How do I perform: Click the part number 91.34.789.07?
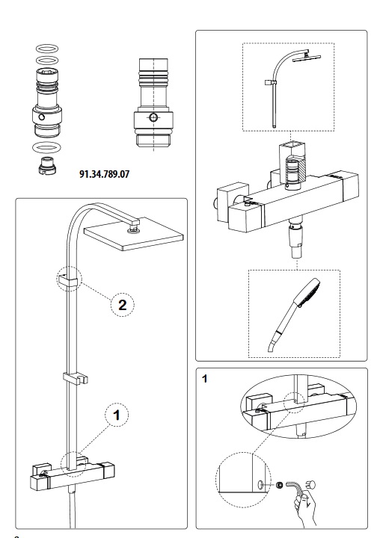(x=105, y=174)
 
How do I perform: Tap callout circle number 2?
(x=123, y=305)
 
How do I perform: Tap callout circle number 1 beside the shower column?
(x=117, y=415)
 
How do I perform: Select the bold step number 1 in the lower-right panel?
(x=205, y=379)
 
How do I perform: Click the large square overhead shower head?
(x=134, y=233)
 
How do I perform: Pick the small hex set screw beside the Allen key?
(x=280, y=485)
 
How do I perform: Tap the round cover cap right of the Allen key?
(x=311, y=485)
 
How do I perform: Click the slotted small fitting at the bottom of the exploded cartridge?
(x=48, y=165)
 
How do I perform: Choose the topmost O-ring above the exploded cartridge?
(x=47, y=49)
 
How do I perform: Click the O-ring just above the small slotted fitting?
(x=48, y=148)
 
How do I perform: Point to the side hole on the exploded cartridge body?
(x=42, y=117)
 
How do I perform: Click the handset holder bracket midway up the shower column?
(x=76, y=377)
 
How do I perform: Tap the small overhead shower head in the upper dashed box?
(x=306, y=56)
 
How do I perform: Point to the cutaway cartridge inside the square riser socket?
(x=292, y=173)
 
